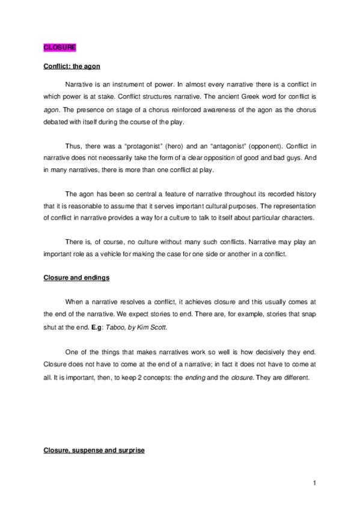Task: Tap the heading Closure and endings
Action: coord(72,278)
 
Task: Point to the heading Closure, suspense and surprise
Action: coord(94,450)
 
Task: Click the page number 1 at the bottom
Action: coord(314,482)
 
